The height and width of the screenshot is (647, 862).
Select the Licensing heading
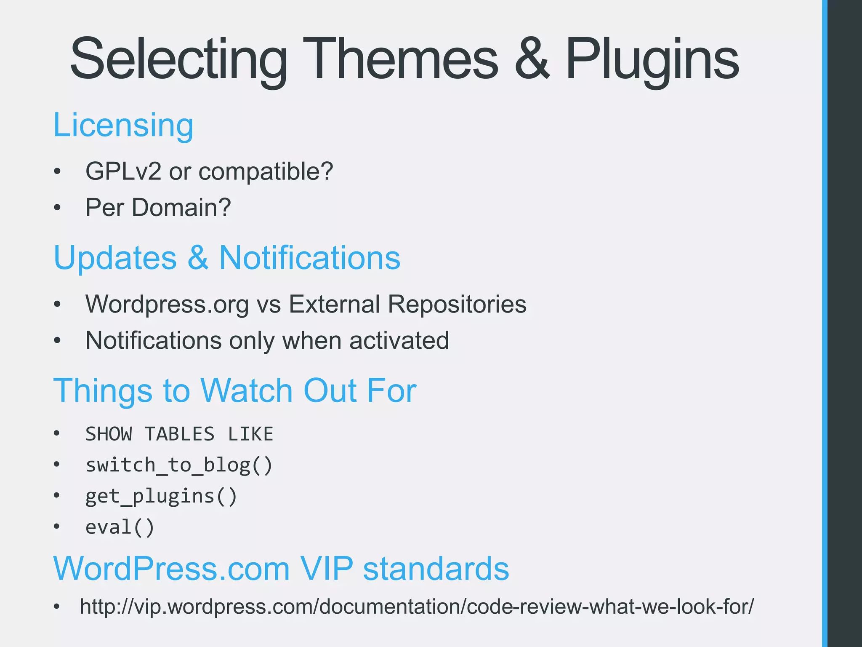pos(123,125)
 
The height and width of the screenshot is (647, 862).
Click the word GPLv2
pos(123,171)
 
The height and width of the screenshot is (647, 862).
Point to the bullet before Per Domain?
pos(58,208)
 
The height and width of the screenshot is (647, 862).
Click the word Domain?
pos(181,208)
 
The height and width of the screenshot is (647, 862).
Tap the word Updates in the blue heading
pos(115,258)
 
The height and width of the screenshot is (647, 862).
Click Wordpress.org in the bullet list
pos(167,304)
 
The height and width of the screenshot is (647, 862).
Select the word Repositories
pos(457,304)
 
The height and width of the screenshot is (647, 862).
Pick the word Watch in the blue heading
pos(247,390)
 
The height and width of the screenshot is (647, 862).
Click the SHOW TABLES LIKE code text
pos(179,434)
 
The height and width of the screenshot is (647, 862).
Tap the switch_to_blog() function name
pos(179,465)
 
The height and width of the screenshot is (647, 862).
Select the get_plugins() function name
pos(161,496)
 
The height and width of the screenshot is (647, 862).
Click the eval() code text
pos(120,527)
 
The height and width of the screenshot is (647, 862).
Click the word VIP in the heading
pos(326,569)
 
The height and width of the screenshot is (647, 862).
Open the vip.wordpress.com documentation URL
pos(417,607)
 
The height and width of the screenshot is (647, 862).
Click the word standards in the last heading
pos(436,569)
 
